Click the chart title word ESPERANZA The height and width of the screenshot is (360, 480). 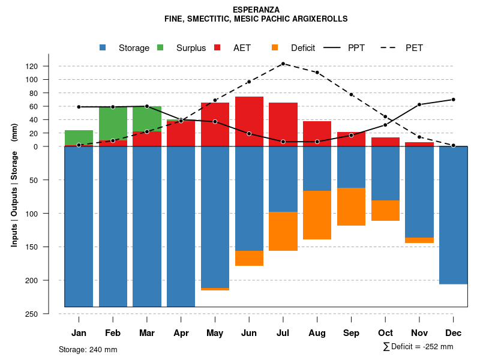256,10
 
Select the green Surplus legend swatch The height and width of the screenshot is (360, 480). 160,48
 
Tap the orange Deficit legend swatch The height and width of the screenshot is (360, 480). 275,48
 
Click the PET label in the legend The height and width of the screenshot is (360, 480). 414,48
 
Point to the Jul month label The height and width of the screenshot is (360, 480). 283,333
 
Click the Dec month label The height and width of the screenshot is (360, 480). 454,333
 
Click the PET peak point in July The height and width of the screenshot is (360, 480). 283,64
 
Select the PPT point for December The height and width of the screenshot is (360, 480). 454,100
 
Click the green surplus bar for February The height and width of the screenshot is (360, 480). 113,123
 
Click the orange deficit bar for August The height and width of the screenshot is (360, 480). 317,215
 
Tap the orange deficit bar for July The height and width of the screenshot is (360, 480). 283,231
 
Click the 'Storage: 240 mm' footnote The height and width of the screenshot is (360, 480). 88,349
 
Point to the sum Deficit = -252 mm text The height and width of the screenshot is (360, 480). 418,346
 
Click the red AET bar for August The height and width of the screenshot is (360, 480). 317,133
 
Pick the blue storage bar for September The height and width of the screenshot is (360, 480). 351,167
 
